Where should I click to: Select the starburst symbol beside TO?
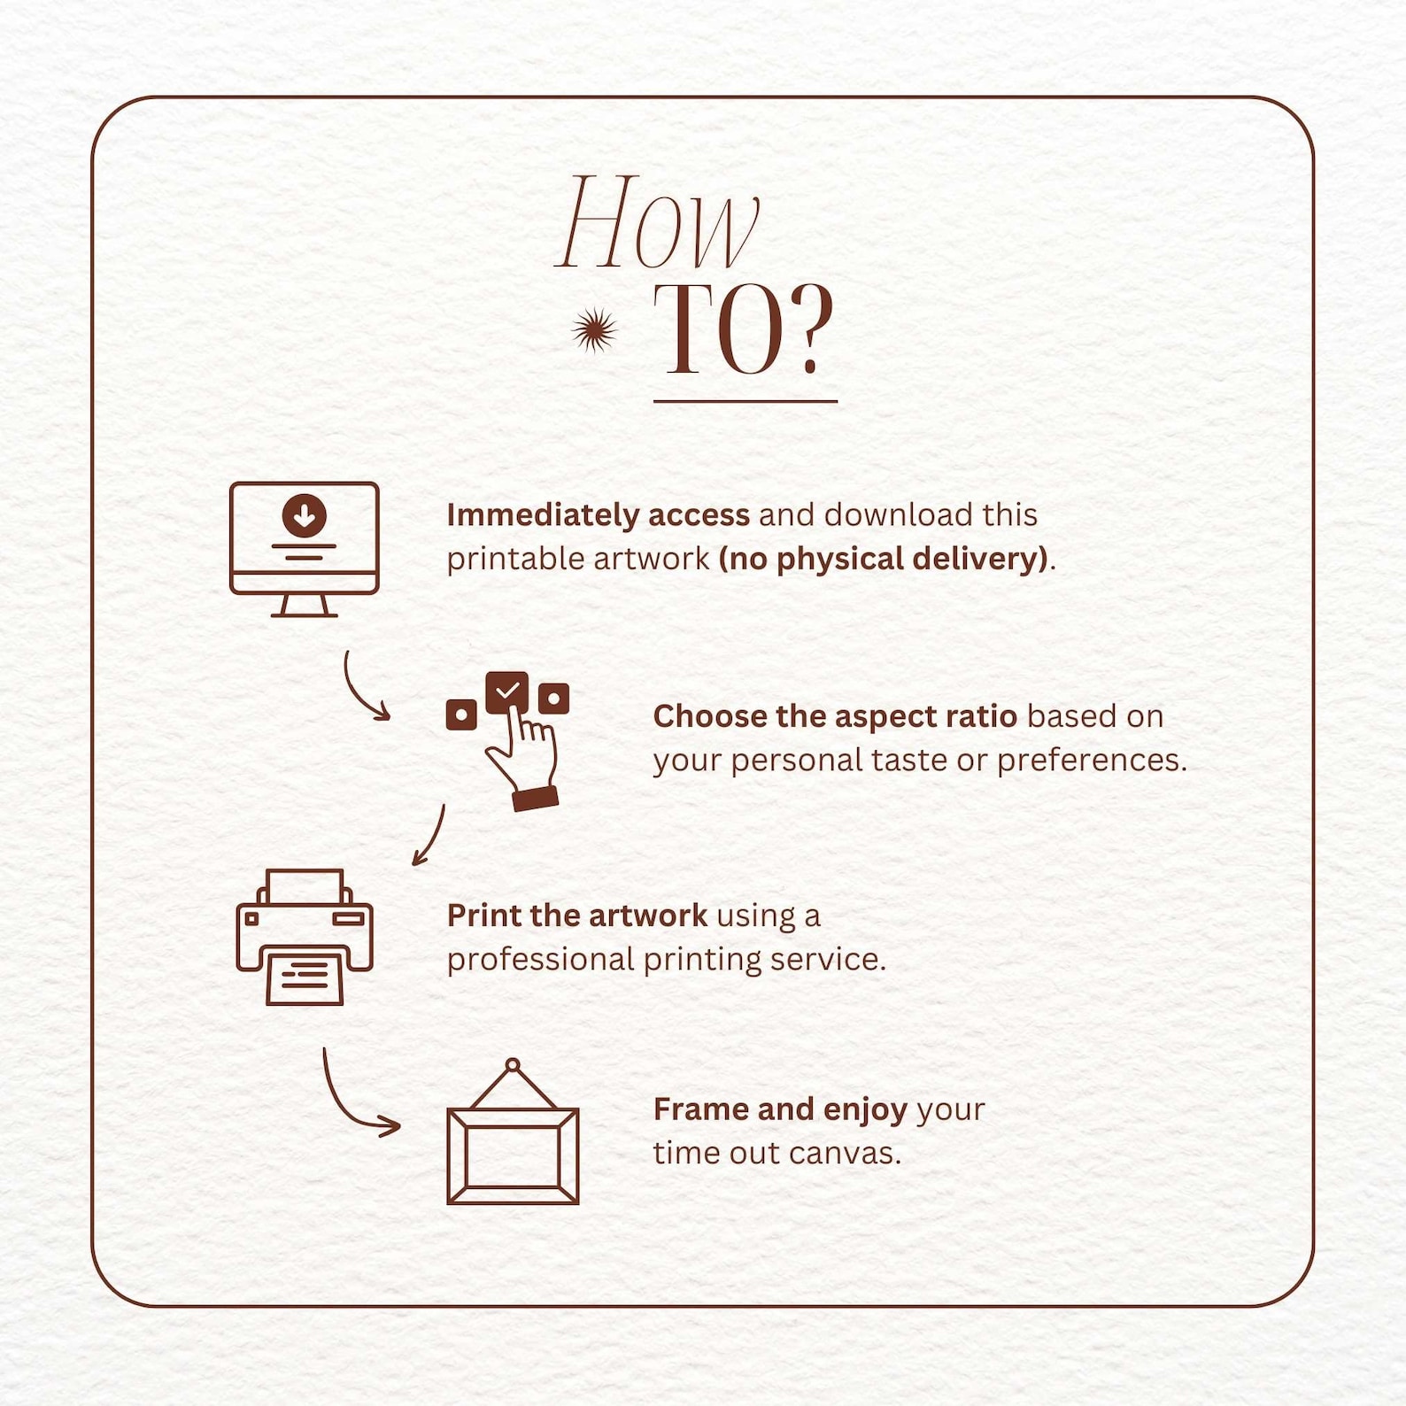click(x=594, y=330)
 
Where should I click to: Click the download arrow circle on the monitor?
click(x=304, y=515)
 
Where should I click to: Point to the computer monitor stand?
click(x=304, y=606)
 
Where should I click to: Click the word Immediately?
click(x=543, y=515)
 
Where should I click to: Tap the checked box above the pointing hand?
click(x=507, y=691)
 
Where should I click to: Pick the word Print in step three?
click(x=484, y=915)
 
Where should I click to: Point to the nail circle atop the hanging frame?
click(x=513, y=1065)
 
